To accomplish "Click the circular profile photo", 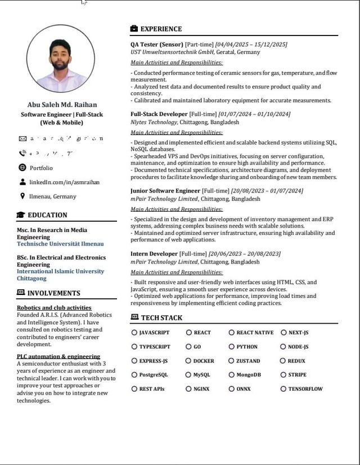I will pyautogui.click(x=60, y=58).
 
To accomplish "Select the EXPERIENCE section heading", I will pyautogui.click(x=161, y=29).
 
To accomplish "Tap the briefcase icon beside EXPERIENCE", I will pyautogui.click(x=134, y=29).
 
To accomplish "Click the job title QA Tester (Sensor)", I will pyautogui.click(x=157, y=44).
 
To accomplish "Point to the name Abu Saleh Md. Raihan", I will pyautogui.click(x=62, y=104).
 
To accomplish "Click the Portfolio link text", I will pyautogui.click(x=41, y=168).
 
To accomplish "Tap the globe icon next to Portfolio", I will pyautogui.click(x=22, y=168).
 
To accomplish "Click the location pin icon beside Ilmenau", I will pyautogui.click(x=22, y=196).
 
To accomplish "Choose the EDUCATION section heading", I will pyautogui.click(x=47, y=215).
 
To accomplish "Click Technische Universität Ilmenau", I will pyautogui.click(x=60, y=244).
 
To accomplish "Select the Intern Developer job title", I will pyautogui.click(x=154, y=254).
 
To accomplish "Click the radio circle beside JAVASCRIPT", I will pyautogui.click(x=134, y=333).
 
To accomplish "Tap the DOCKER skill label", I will pyautogui.click(x=204, y=361).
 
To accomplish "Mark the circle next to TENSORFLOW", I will pyautogui.click(x=283, y=389).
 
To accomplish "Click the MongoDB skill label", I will pyautogui.click(x=249, y=375).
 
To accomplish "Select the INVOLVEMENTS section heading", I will pyautogui.click(x=53, y=293).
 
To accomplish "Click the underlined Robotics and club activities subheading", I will pyautogui.click(x=54, y=308).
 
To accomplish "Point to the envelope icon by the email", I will pyautogui.click(x=22, y=138).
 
